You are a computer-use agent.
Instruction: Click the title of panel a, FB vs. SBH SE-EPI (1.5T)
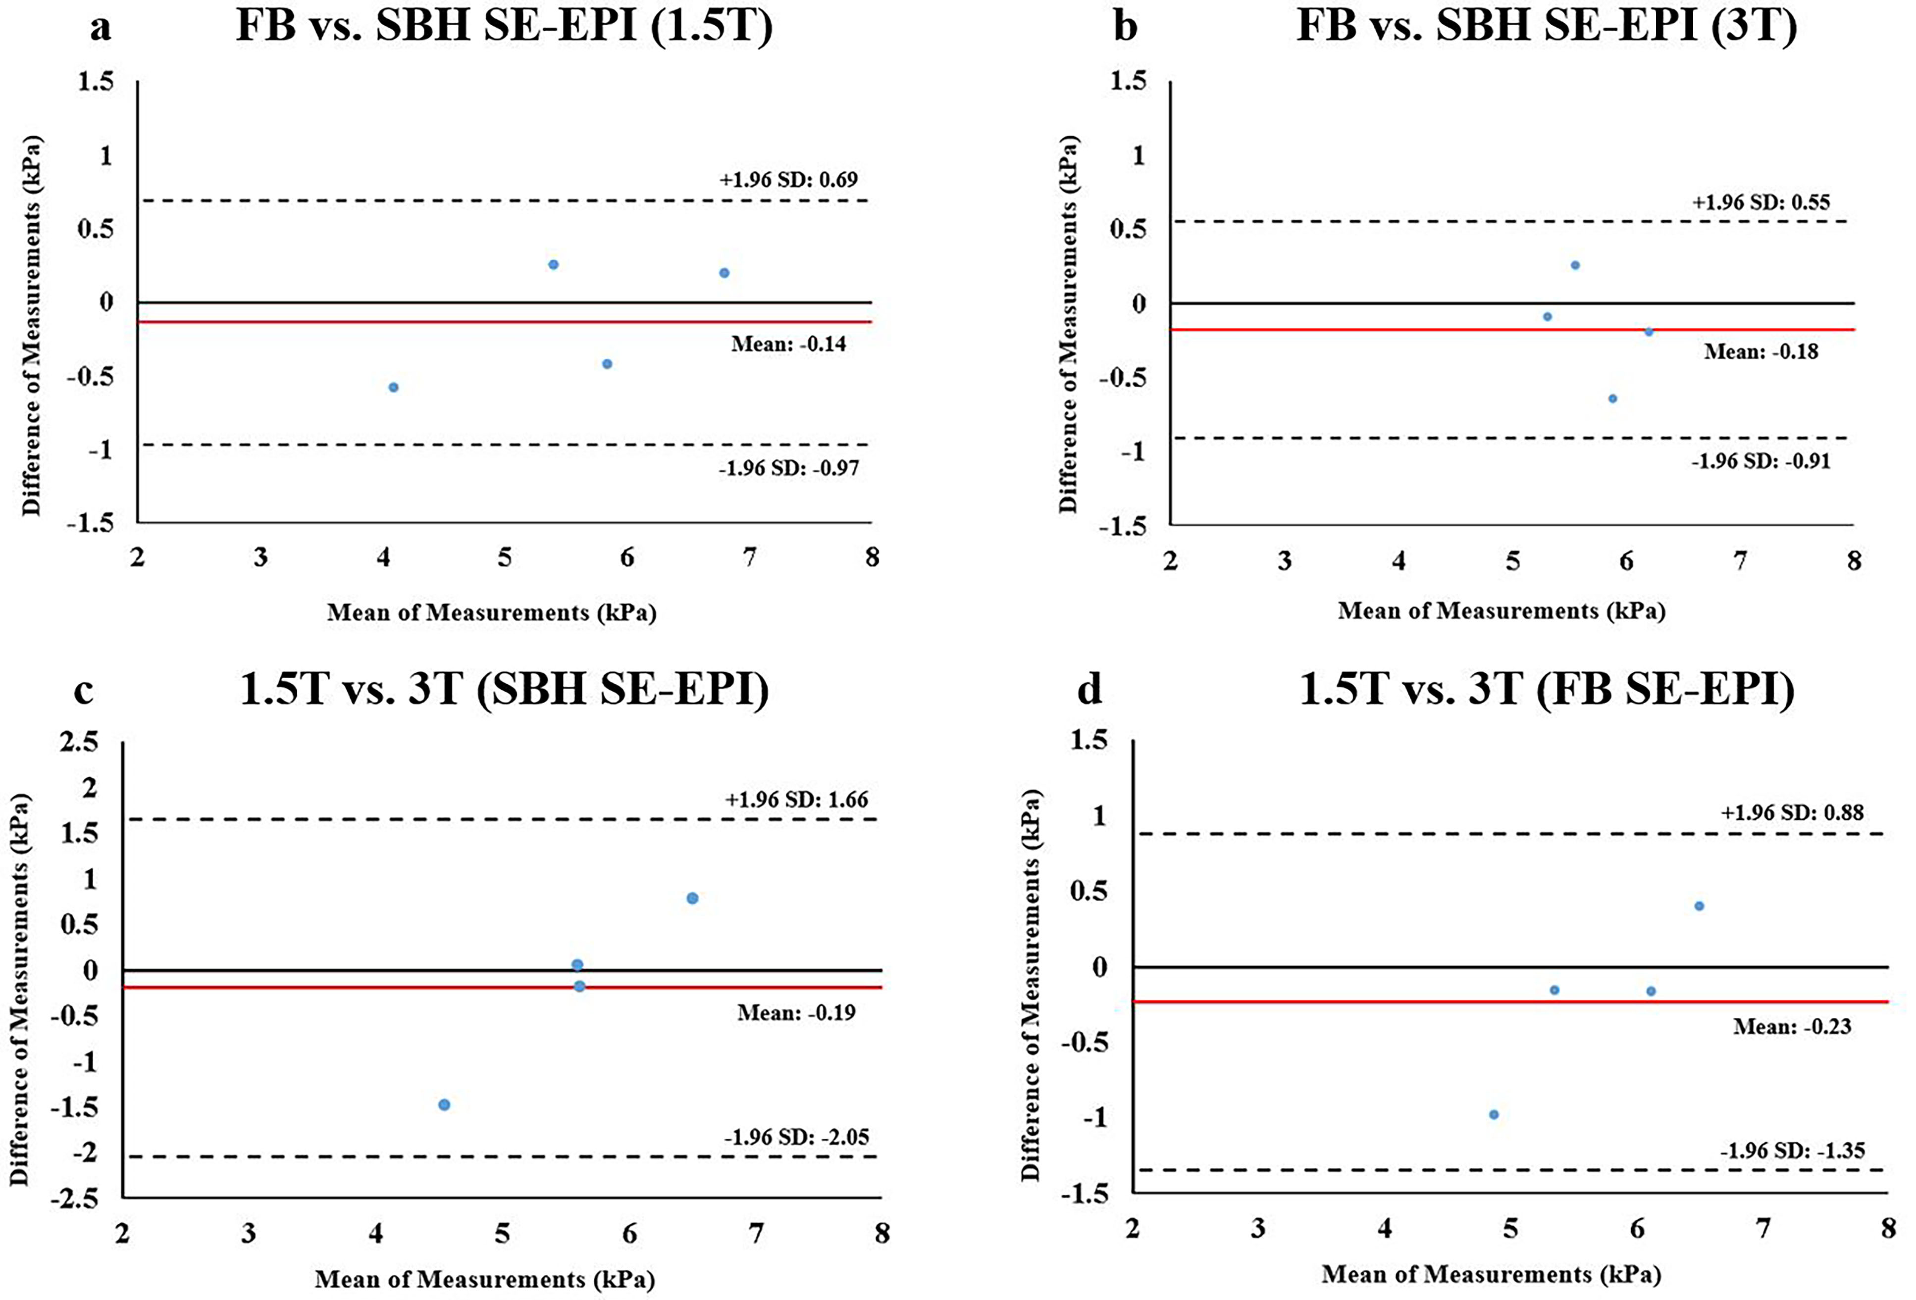[505, 26]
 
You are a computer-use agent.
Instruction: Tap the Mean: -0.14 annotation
[788, 344]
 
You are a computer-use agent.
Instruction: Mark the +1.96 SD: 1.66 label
[796, 799]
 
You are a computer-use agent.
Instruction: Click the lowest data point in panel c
[444, 1104]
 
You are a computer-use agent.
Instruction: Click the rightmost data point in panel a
[724, 273]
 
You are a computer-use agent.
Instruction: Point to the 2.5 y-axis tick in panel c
[80, 742]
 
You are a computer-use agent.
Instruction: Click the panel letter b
[1125, 26]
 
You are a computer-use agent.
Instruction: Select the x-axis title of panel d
[1491, 1274]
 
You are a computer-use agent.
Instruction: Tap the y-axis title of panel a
[31, 326]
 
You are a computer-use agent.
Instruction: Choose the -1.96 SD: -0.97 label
[788, 468]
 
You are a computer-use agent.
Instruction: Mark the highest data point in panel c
[692, 898]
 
